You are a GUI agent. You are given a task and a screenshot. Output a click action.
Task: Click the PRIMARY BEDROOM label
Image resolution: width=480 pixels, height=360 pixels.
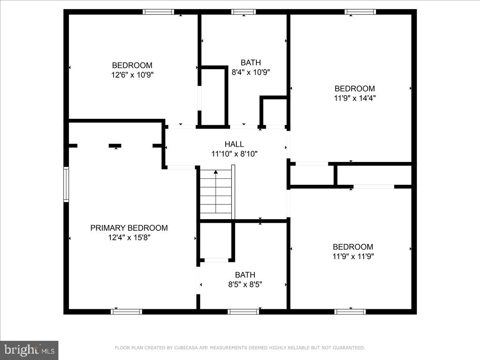[x=129, y=228]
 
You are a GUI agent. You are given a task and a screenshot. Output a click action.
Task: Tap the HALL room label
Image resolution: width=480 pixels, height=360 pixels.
[x=234, y=144]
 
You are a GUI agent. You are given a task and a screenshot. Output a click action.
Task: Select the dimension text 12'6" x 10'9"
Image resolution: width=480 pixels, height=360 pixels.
[x=132, y=75]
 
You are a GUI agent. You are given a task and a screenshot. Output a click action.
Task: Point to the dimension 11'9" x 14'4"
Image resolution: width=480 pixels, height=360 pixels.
[x=355, y=98]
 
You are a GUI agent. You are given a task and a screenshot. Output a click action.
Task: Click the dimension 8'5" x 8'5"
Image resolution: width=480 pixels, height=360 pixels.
[x=245, y=284]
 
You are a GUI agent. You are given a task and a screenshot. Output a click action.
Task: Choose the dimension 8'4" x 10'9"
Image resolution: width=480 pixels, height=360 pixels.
[x=251, y=72]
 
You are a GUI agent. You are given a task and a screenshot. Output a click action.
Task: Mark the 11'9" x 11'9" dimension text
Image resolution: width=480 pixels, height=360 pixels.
[x=353, y=256]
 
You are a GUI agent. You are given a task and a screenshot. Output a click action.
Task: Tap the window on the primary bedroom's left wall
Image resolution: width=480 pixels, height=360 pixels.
[x=66, y=184]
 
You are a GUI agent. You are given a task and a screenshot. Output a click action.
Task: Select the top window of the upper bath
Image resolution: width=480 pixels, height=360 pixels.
[x=243, y=12]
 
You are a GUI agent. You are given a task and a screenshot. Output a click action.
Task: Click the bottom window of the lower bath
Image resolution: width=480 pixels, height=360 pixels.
[x=243, y=312]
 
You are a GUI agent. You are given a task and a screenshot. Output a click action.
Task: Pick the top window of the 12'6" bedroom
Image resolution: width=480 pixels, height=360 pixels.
[x=158, y=12]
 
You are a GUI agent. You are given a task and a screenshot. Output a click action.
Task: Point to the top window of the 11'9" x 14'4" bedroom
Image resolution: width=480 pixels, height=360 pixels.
[x=360, y=12]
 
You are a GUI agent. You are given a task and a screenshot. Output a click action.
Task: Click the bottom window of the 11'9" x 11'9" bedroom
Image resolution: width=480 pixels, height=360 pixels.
[x=350, y=312]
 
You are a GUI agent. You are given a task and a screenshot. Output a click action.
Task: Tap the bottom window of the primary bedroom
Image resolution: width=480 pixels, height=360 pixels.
[x=126, y=312]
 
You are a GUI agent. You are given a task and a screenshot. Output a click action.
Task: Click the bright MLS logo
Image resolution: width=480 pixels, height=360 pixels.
[x=29, y=350]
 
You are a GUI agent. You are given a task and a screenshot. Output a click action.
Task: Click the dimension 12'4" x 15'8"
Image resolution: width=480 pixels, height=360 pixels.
[x=129, y=238]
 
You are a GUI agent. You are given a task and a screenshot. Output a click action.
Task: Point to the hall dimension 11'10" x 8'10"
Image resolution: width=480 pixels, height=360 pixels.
[x=234, y=154]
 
